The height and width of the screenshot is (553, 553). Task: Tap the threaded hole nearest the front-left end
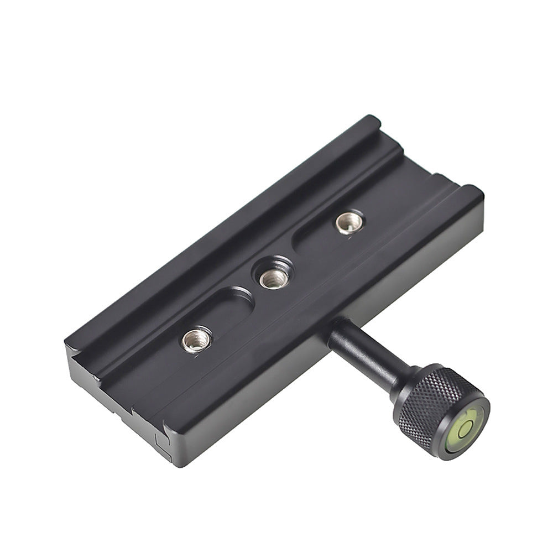point(196,339)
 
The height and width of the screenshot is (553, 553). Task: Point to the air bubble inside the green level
point(466,427)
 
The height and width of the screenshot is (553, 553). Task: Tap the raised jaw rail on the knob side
point(310,310)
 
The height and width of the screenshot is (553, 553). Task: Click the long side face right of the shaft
point(420,276)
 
